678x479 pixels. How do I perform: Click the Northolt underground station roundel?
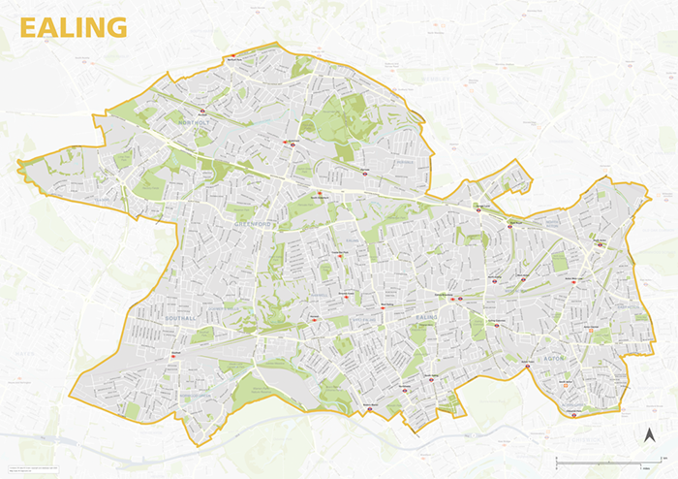(x=202, y=112)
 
